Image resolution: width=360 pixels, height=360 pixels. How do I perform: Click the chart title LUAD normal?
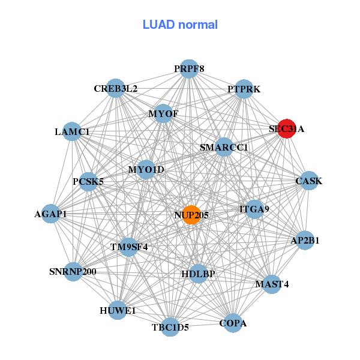tap(180, 25)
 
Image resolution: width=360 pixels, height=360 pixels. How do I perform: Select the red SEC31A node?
tap(287, 128)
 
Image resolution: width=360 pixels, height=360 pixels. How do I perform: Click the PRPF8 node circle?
tap(189, 68)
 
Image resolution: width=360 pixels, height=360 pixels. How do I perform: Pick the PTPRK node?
tap(244, 89)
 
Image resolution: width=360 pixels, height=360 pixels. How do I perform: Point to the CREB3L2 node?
tap(115, 89)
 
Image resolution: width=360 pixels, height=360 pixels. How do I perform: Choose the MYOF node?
tap(163, 113)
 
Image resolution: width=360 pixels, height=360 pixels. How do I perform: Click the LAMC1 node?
tap(72, 131)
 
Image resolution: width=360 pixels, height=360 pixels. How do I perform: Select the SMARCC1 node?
tap(224, 147)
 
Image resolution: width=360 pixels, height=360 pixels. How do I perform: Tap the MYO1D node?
tap(146, 170)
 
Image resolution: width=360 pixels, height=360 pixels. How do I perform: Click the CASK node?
tap(308, 181)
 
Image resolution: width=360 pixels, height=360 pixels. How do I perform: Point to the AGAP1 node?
tap(50, 214)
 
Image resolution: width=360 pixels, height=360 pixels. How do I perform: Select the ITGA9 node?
tap(254, 209)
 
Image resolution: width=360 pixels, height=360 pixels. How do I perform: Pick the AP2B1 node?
tap(305, 241)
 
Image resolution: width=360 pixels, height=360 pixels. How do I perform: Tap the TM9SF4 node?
tap(128, 246)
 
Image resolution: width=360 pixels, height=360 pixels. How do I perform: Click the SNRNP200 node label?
tap(73, 272)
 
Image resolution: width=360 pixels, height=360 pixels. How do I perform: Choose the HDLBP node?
tap(198, 274)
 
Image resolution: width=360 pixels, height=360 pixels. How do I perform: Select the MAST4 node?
tap(272, 284)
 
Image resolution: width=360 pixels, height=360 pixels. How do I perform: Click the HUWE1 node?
tap(118, 310)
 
